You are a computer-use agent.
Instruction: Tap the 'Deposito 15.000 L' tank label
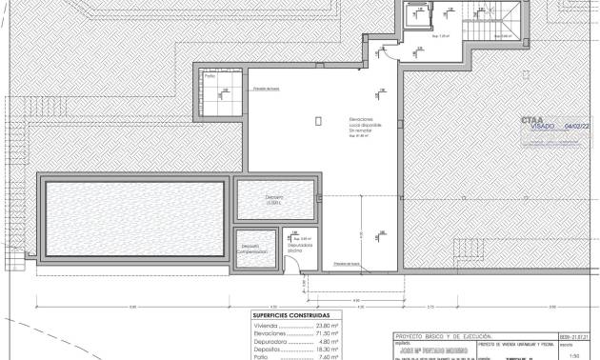[x=274, y=200]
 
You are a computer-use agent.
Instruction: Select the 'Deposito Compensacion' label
[x=250, y=248]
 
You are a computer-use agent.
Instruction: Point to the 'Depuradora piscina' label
[x=299, y=247]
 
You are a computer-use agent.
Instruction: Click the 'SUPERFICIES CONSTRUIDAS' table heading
[x=291, y=315]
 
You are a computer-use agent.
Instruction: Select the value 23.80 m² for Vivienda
[x=327, y=324]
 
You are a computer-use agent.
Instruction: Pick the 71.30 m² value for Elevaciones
[x=327, y=332]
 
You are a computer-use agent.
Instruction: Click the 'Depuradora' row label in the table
[x=270, y=341]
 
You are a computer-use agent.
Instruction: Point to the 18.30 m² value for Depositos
[x=327, y=350]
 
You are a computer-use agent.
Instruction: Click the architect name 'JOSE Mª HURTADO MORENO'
[x=434, y=350]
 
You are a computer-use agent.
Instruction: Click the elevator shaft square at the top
[x=417, y=16]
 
